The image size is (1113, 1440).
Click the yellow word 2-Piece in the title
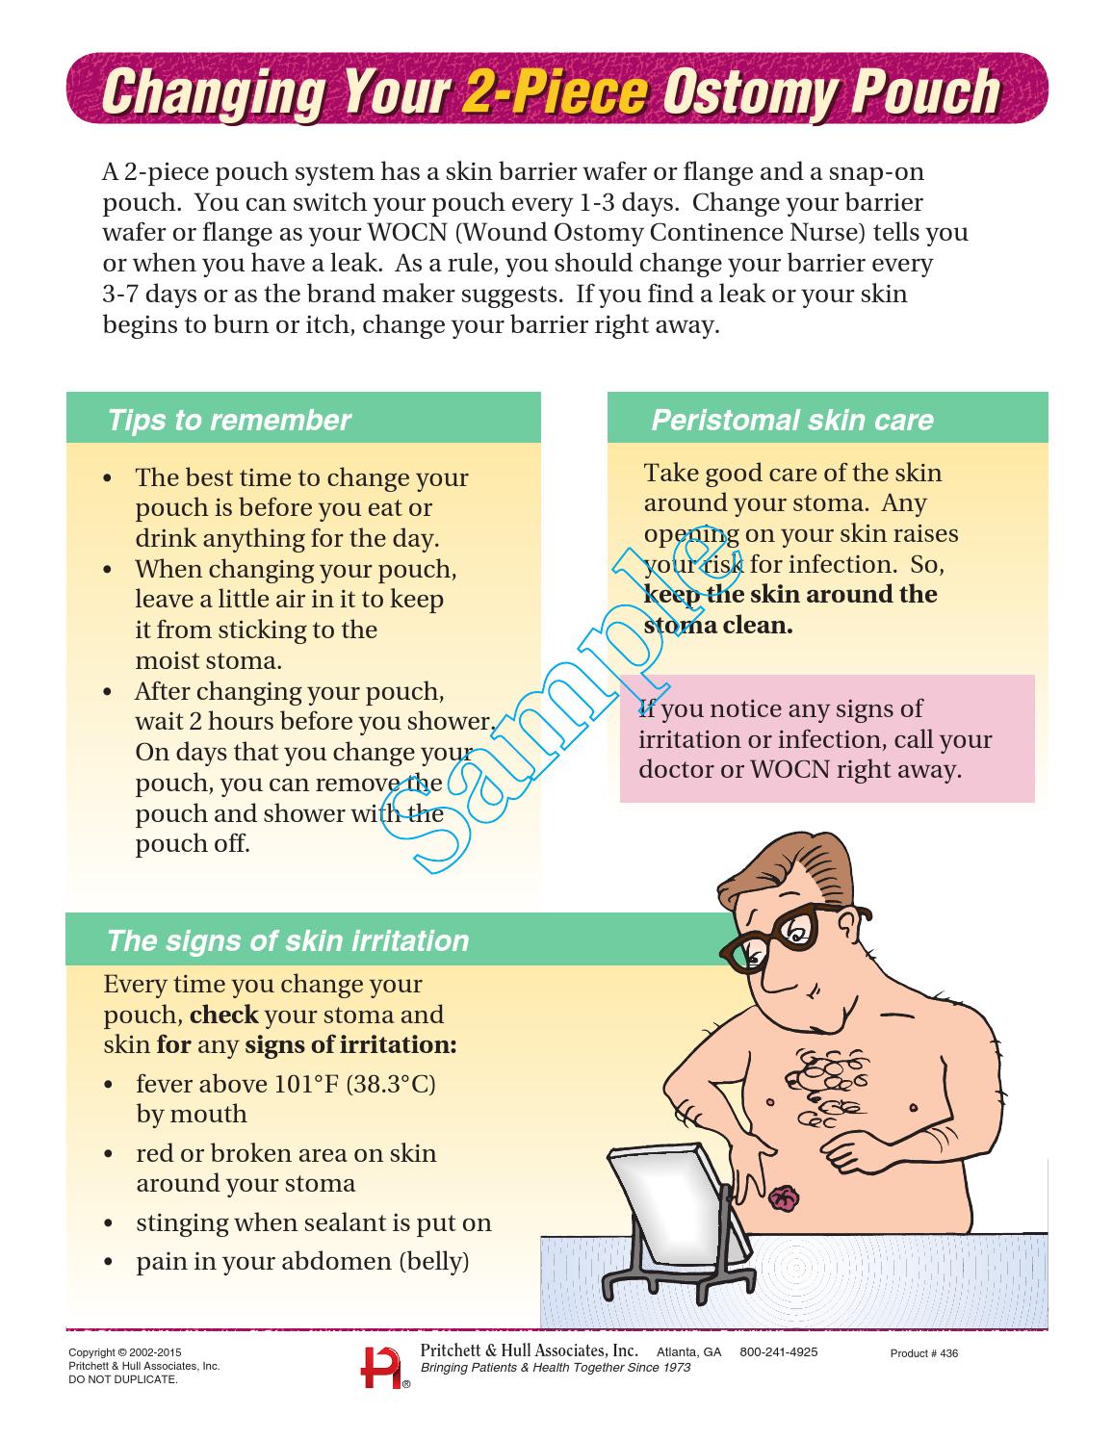tap(554, 92)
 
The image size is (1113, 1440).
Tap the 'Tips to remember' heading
tap(229, 421)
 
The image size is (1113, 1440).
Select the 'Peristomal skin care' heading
tap(791, 421)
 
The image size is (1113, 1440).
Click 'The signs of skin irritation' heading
tap(288, 940)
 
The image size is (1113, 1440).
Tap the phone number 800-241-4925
tap(778, 1352)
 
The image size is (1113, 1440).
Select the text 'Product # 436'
tap(923, 1353)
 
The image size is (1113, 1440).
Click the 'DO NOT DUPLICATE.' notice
tap(123, 1379)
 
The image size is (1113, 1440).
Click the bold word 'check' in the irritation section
tap(224, 1015)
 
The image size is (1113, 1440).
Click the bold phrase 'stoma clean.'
tap(718, 626)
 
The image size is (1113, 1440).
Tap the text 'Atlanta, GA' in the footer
tap(688, 1352)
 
